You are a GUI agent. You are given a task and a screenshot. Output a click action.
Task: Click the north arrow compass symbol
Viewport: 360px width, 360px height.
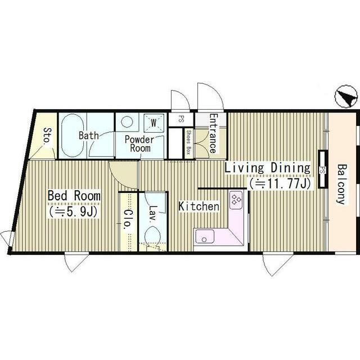pos(346,96)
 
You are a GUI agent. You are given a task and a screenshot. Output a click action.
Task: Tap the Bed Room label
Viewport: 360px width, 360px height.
pos(74,196)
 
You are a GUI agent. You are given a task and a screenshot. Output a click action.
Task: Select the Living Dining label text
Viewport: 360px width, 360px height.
pos(267,168)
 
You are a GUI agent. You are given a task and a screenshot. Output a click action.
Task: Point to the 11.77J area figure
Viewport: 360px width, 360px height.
pos(280,183)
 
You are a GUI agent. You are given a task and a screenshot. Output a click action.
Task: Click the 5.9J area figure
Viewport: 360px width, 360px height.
pos(73,211)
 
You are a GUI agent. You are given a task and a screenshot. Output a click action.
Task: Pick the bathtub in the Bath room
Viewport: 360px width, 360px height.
pos(73,135)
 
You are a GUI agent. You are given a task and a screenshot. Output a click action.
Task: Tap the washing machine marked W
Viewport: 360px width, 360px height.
pos(154,123)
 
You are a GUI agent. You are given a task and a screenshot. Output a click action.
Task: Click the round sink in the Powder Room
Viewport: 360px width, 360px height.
pos(127,121)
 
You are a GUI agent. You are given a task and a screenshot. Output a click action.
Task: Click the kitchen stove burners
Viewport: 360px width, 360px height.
pos(236,200)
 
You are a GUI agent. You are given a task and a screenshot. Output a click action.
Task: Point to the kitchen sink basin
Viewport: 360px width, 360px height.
pos(204,236)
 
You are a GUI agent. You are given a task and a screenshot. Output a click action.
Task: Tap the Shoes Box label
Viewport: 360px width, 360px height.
pos(188,142)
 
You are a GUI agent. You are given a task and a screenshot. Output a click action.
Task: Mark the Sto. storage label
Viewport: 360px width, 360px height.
pos(47,136)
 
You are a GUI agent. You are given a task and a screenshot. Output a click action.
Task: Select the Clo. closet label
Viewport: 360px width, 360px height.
pos(128,219)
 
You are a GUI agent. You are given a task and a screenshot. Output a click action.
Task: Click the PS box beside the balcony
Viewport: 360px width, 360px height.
pos(322,169)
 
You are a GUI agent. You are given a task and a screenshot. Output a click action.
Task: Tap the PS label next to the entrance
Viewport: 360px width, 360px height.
pos(181,120)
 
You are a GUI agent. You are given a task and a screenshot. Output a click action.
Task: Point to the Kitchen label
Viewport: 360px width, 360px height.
pos(199,206)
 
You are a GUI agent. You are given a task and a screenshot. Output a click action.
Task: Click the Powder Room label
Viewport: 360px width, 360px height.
pos(139,144)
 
